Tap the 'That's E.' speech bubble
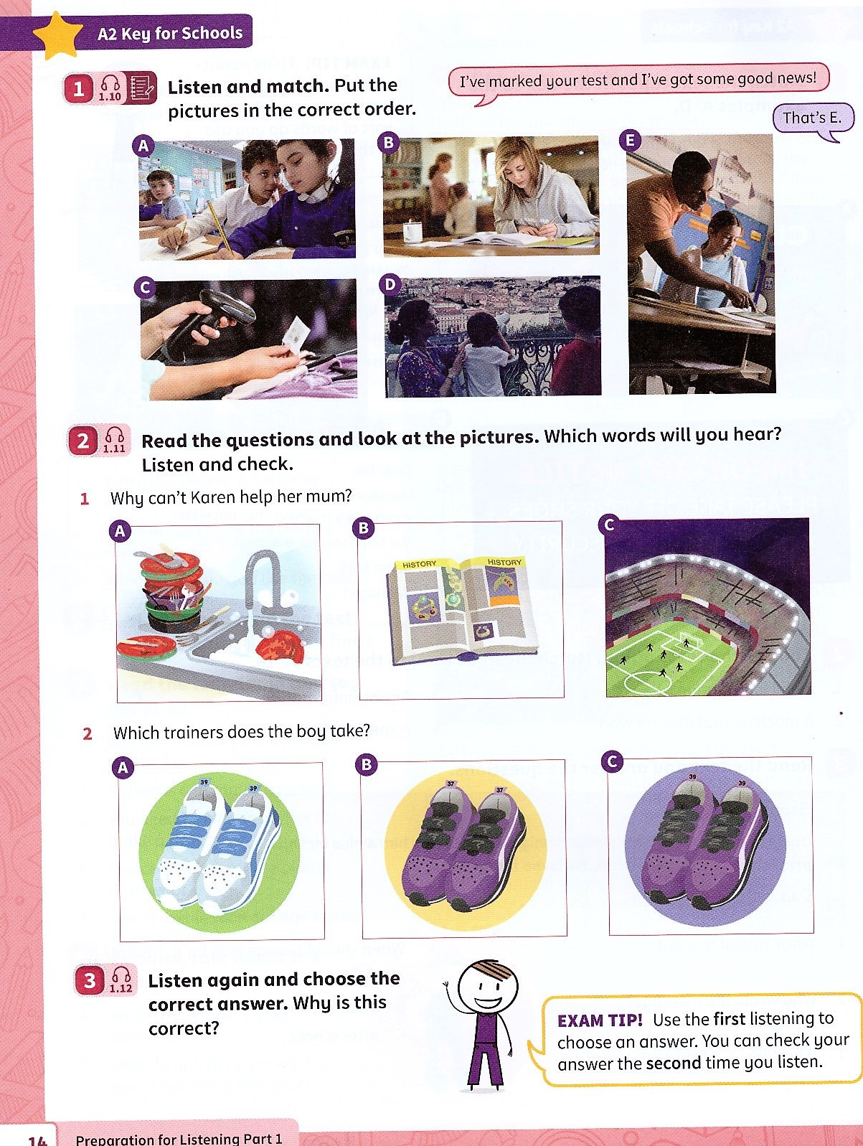click(811, 118)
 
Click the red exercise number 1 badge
click(78, 89)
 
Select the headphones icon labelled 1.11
click(114, 440)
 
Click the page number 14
click(37, 1139)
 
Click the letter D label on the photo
click(390, 285)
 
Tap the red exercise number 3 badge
click(90, 980)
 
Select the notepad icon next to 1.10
click(141, 88)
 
